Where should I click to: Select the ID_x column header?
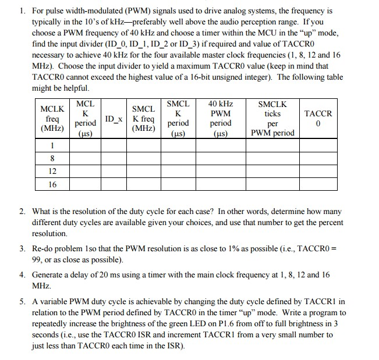114,119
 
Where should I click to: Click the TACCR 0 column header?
318,119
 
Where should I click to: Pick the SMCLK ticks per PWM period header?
272,118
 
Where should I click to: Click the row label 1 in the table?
52,146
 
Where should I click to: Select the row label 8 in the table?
52,158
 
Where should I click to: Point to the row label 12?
52,171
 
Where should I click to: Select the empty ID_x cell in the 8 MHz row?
114,158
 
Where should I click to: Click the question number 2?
21,212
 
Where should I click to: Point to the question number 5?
21,302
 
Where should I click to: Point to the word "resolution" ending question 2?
49,233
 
